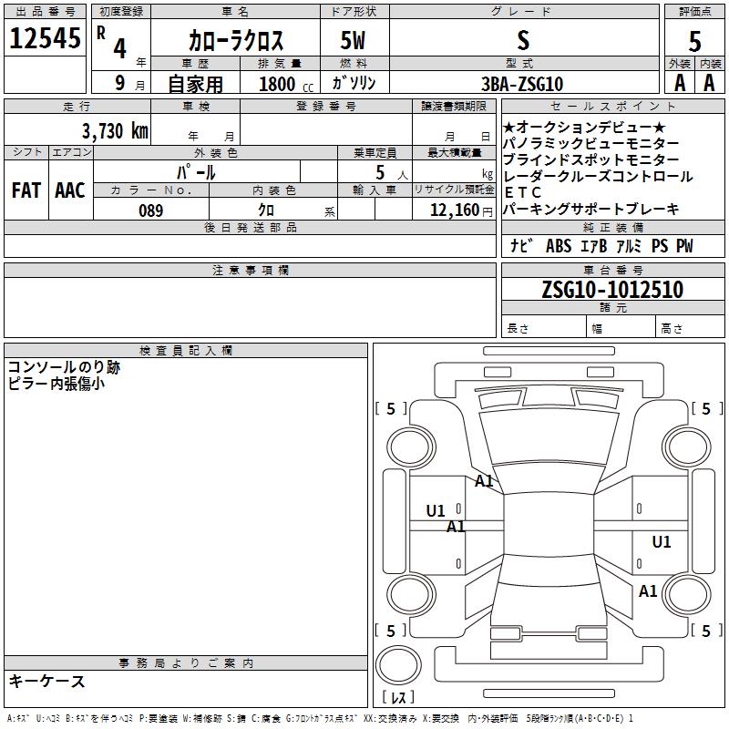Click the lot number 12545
[x=45, y=37]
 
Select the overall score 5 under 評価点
[x=694, y=41]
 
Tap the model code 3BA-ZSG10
[x=522, y=84]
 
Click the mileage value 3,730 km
[x=116, y=130]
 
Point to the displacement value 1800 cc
[x=286, y=84]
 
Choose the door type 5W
[x=353, y=40]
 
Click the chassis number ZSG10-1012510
[x=612, y=289]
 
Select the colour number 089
[x=151, y=210]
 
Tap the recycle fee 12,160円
[x=461, y=210]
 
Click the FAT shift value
[x=26, y=190]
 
